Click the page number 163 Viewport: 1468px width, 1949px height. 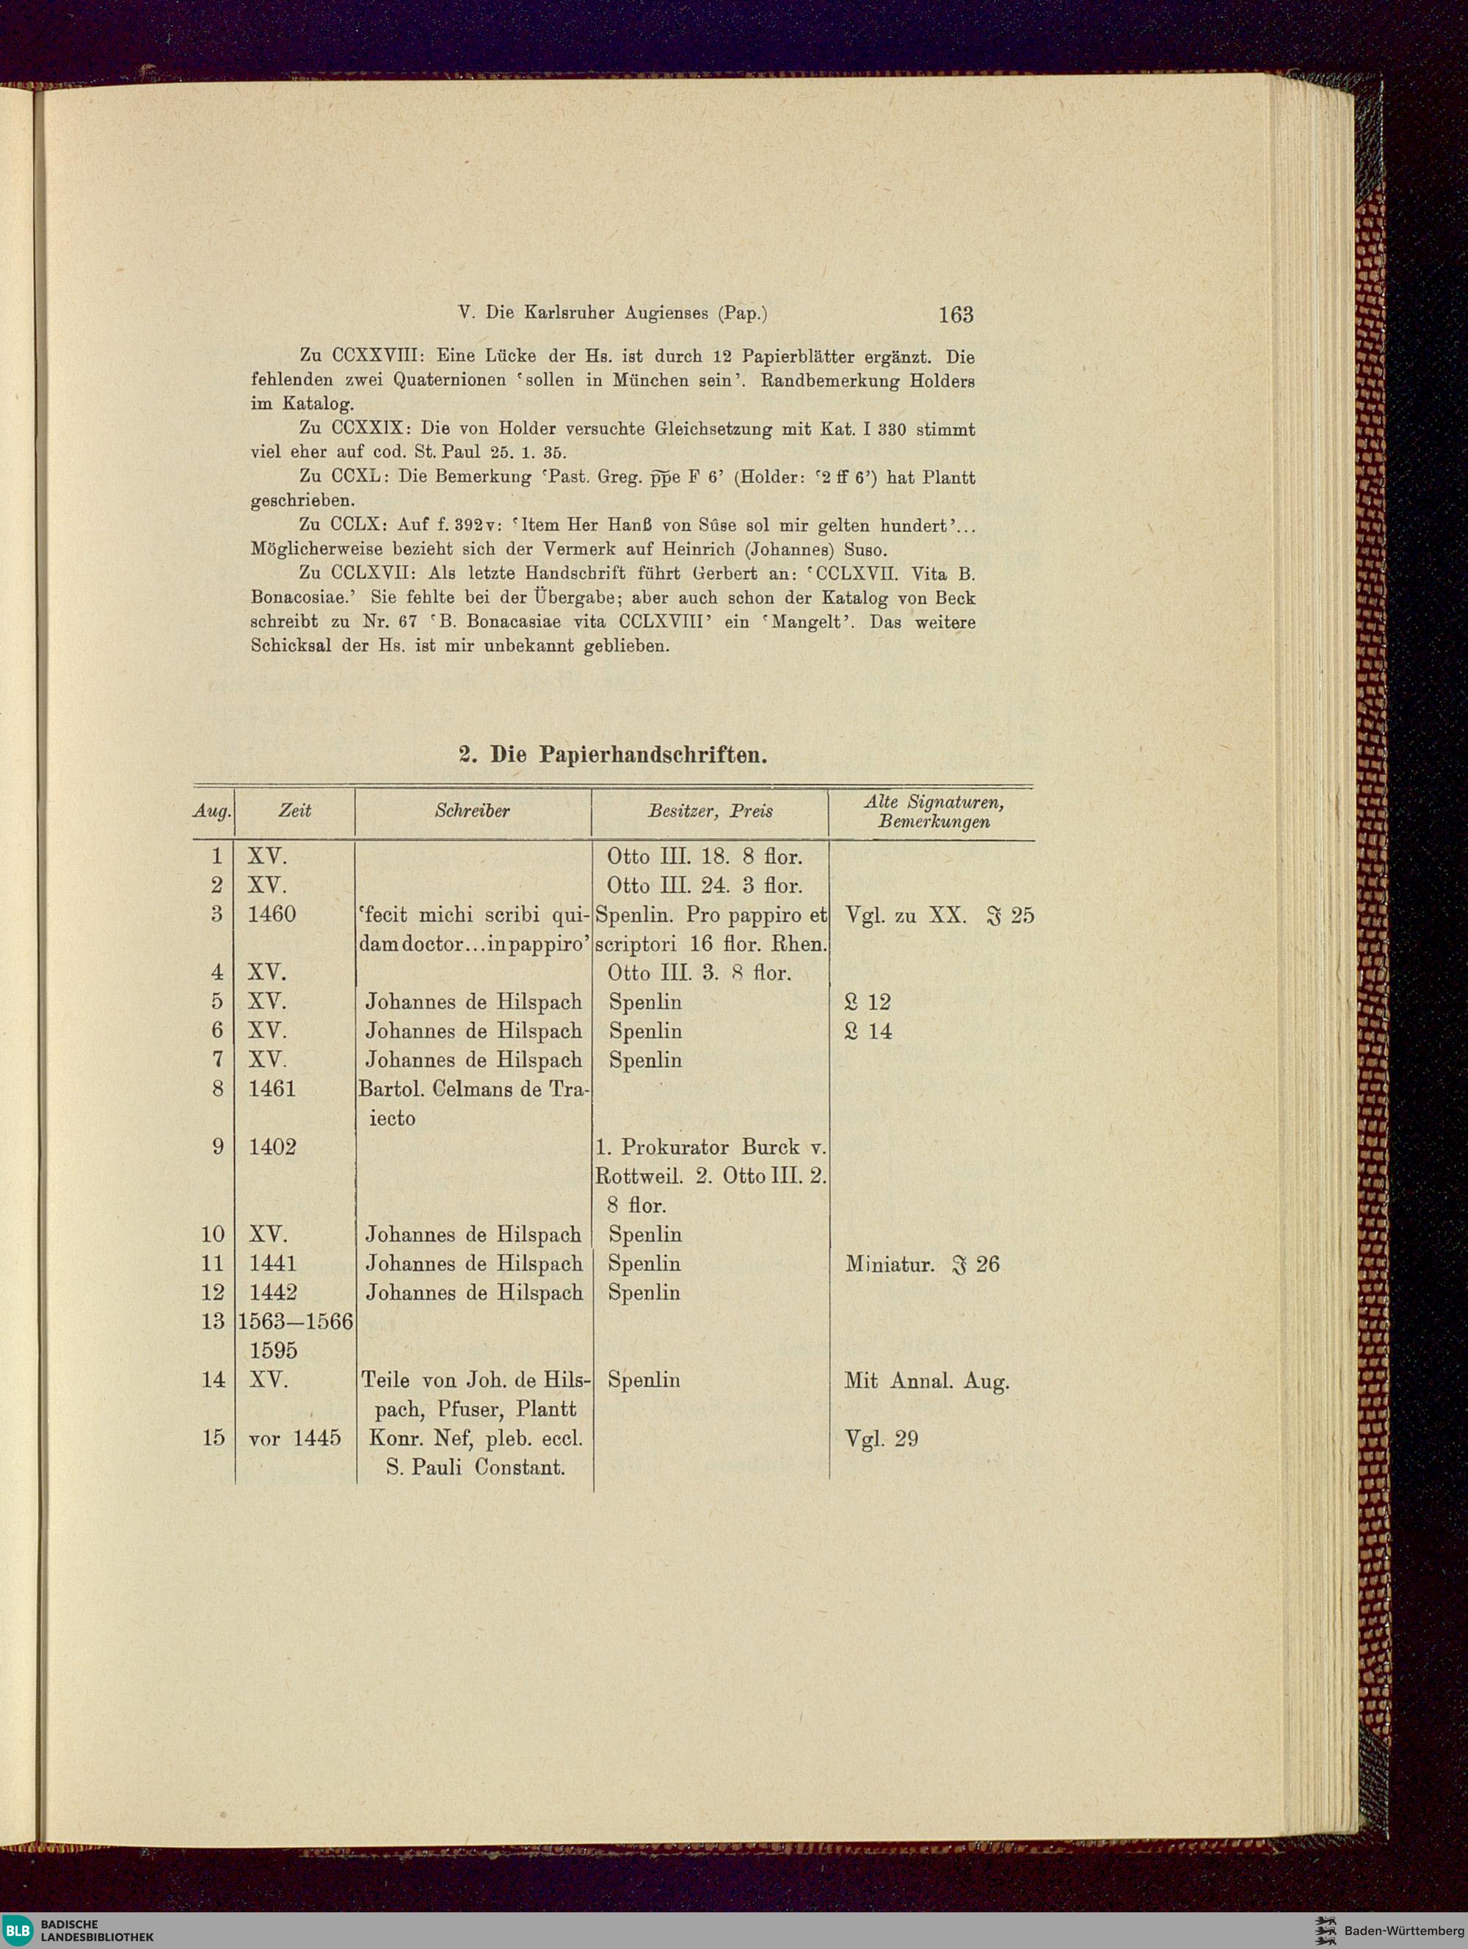click(x=955, y=313)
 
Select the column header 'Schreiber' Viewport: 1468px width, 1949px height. click(x=471, y=811)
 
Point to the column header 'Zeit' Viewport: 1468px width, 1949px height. click(x=294, y=811)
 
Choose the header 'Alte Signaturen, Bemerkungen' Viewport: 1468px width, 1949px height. click(x=933, y=812)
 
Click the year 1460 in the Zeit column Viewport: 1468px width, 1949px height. click(x=272, y=914)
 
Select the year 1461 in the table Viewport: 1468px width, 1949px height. click(x=272, y=1089)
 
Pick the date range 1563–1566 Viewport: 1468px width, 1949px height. click(x=295, y=1322)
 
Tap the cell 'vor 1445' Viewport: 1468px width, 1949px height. click(x=294, y=1438)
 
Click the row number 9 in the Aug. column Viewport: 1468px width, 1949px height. click(x=217, y=1147)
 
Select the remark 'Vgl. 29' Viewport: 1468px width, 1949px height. click(x=881, y=1439)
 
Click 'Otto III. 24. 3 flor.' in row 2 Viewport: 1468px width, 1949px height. click(x=705, y=886)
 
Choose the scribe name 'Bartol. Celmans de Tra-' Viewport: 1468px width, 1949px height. click(x=474, y=1089)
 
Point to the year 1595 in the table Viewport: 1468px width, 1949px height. click(x=273, y=1351)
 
